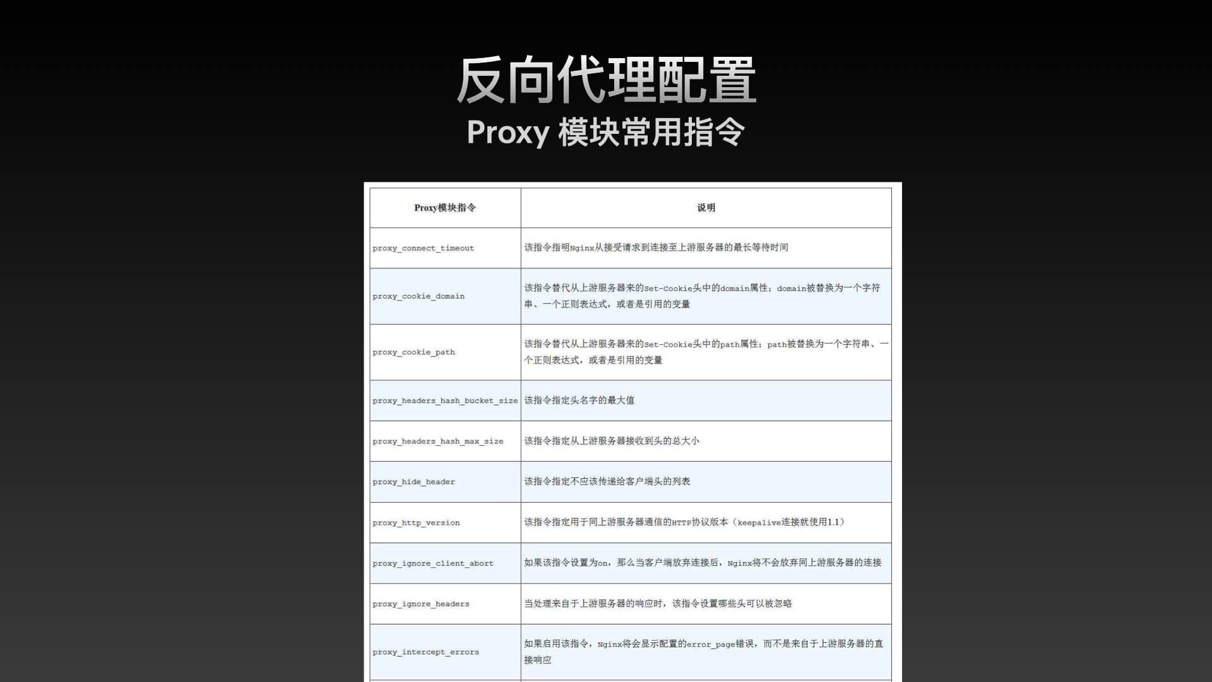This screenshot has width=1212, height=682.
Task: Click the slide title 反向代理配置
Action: click(606, 80)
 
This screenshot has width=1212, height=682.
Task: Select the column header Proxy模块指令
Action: click(445, 208)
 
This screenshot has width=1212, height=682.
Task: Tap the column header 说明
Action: click(706, 208)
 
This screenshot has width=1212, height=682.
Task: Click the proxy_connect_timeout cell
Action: click(423, 248)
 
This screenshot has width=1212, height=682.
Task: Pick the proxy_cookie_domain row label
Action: click(419, 296)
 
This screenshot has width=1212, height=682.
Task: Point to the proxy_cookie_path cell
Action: click(413, 352)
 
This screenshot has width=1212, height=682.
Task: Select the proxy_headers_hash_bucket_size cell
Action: click(445, 401)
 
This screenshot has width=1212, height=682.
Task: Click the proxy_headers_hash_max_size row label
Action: click(438, 441)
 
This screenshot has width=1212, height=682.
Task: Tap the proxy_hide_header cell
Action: click(413, 482)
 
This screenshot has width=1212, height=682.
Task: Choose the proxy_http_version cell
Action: click(416, 523)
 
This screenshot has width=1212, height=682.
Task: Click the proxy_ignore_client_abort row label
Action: click(433, 563)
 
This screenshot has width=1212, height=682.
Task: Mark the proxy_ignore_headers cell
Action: click(421, 604)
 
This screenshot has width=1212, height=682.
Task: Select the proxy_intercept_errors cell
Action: click(425, 652)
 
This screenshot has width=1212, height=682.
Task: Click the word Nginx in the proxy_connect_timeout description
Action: click(582, 248)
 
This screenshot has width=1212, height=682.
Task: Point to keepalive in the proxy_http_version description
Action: click(759, 523)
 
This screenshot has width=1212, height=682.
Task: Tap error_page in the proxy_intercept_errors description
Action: click(711, 645)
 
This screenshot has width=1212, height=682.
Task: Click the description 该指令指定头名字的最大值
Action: click(579, 400)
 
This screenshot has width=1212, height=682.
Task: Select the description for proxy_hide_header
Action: click(607, 481)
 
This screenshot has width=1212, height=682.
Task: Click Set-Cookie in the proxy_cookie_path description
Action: click(668, 345)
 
